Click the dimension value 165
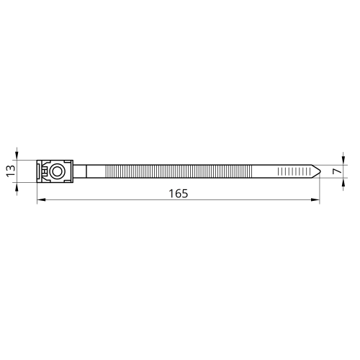(x=179, y=194)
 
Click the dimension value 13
(x=11, y=171)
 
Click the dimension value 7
(x=337, y=171)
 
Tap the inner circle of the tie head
(x=57, y=171)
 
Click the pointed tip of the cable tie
(x=320, y=171)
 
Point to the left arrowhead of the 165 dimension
(x=41, y=199)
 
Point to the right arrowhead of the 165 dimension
(x=315, y=199)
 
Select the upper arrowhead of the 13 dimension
(x=17, y=156)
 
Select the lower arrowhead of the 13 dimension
(x=17, y=186)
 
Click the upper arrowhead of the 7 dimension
(x=343, y=161)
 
